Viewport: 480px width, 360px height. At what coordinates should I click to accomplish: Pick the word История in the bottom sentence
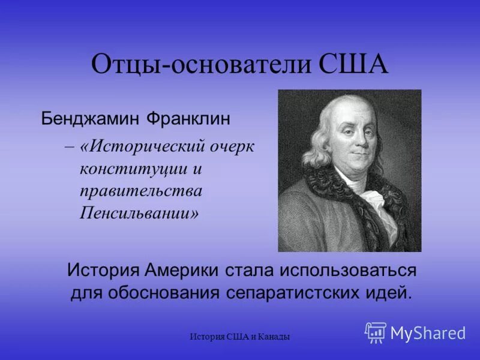coord(103,271)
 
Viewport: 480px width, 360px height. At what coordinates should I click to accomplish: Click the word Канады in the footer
coord(275,337)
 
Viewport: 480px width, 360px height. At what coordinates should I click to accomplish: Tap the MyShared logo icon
coord(376,332)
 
